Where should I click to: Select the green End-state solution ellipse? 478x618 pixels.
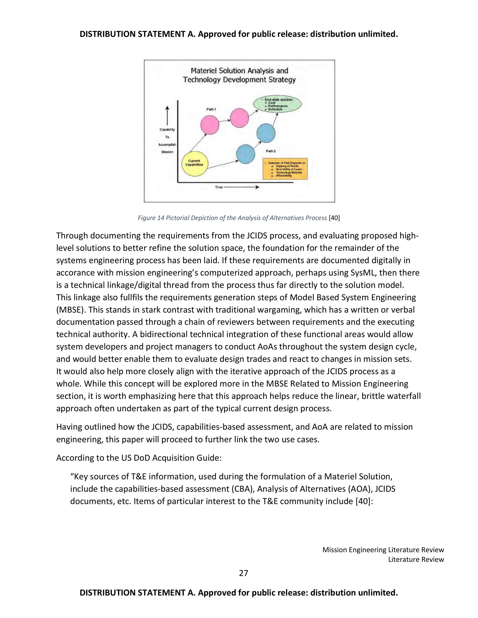point(277,104)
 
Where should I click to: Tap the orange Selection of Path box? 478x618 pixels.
point(285,169)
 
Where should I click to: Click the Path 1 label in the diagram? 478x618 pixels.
point(211,109)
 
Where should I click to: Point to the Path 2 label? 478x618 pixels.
point(271,151)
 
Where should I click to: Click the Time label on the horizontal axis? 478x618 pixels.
point(219,187)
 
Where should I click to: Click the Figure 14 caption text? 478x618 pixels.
point(232,218)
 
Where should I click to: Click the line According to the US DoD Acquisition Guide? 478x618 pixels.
point(139,458)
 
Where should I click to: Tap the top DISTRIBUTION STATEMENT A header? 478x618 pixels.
point(239,34)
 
